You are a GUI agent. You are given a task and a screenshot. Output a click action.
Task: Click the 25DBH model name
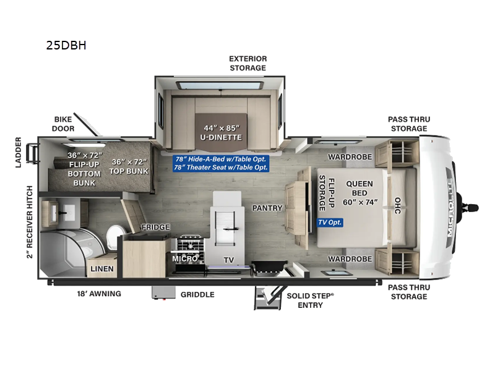coord(66,45)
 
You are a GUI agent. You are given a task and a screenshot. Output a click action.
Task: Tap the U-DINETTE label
coord(221,137)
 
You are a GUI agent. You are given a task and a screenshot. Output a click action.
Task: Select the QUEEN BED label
coord(359,189)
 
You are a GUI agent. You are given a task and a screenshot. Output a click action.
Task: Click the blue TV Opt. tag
coord(330,223)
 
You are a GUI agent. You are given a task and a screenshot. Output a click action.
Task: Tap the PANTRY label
coord(267,208)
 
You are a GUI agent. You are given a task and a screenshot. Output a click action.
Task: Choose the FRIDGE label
coord(156,227)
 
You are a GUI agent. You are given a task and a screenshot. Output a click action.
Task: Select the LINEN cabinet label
coord(102,269)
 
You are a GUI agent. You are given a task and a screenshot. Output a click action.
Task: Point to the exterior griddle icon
coord(163,292)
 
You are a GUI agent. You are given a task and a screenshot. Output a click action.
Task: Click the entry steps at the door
coord(268,298)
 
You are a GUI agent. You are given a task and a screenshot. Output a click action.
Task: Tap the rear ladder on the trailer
coord(33,153)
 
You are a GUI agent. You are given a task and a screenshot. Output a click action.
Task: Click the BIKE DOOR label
coord(63,124)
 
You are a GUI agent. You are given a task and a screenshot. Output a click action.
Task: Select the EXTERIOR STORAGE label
coord(248,64)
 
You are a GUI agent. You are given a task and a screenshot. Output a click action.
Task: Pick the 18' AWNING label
coord(99,294)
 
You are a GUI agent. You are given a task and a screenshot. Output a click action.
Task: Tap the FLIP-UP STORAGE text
coord(327,193)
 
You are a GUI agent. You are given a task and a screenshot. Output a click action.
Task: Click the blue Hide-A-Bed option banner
coord(221,163)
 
